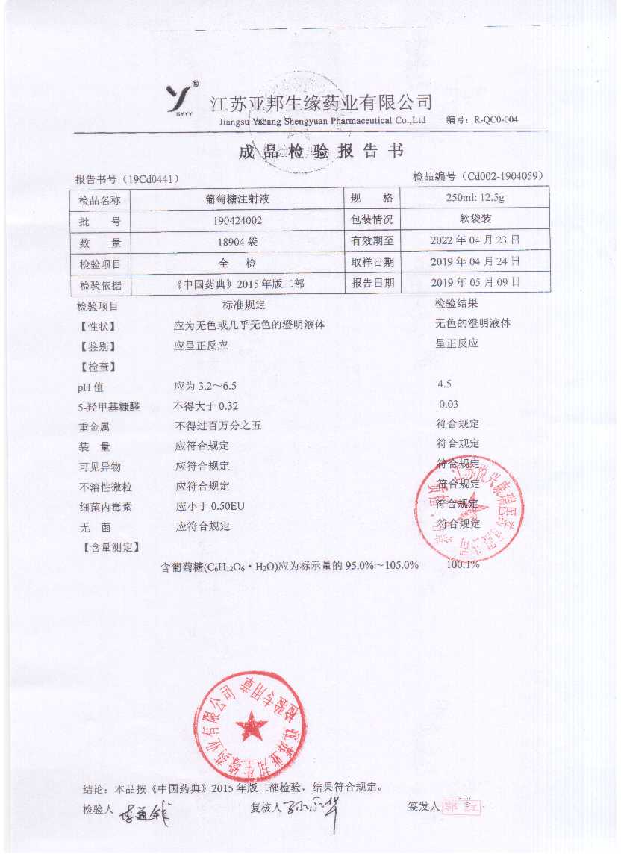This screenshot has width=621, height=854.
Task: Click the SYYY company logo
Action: (182, 99)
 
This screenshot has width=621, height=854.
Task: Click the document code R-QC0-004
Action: (492, 119)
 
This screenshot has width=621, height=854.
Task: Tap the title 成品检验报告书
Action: (321, 152)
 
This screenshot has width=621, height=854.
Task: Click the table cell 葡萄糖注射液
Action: (237, 199)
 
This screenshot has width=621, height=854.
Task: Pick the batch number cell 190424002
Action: (237, 221)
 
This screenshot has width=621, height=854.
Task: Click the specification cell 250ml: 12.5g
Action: (475, 198)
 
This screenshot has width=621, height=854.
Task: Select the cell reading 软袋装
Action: (475, 219)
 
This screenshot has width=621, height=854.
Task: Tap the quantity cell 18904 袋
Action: (237, 243)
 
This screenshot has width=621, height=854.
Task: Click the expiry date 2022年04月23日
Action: (475, 240)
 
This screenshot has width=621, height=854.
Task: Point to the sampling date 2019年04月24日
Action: (475, 261)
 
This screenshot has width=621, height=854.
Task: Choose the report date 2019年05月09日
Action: (475, 282)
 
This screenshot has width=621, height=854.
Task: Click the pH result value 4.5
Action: (445, 384)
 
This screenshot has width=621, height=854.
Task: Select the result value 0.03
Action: (449, 405)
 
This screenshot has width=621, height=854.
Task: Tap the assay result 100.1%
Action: (463, 565)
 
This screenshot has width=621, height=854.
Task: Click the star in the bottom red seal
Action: (251, 724)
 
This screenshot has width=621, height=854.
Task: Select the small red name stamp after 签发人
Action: (462, 806)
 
